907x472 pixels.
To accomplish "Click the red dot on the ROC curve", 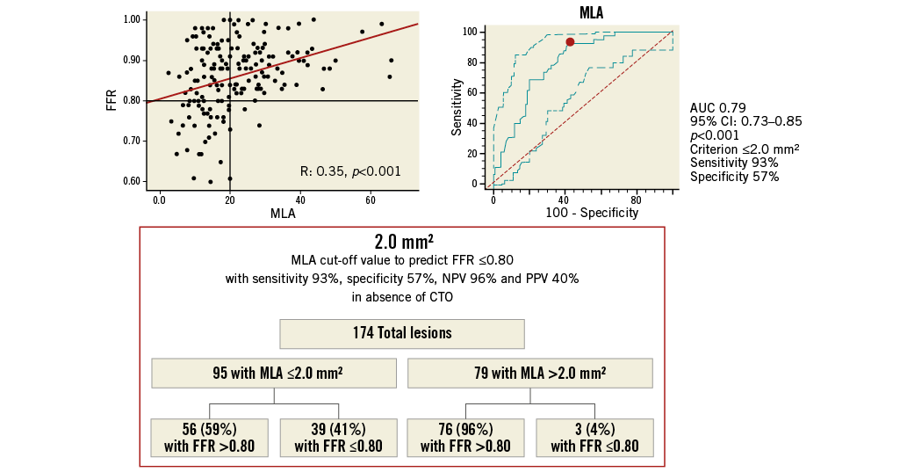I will tap(570, 41).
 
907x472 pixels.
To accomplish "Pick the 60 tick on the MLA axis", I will tap(371, 200).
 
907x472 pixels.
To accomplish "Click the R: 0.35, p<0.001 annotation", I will tap(349, 171).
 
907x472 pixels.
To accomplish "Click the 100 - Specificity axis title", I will tap(580, 213).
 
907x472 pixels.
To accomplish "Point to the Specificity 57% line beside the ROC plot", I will tap(734, 177).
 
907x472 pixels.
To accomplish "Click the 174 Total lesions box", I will tap(401, 334).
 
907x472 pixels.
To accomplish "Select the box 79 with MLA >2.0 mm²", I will tap(530, 373).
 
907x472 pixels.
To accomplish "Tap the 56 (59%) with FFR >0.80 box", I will tap(209, 437).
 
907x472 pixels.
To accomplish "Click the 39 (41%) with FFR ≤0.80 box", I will tap(339, 437).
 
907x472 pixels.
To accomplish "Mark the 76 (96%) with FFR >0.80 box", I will tap(465, 437).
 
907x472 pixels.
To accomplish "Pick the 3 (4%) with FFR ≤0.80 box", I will tap(594, 437).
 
